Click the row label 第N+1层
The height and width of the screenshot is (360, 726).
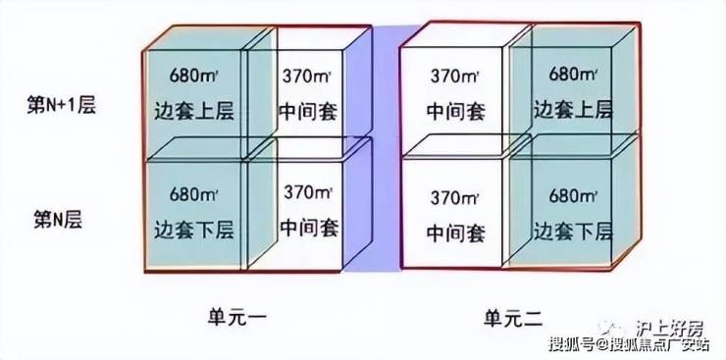[x=61, y=106]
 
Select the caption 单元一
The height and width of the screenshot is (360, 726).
[x=237, y=319]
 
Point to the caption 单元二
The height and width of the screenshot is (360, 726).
[x=513, y=319]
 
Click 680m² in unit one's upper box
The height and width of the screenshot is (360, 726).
[x=193, y=76]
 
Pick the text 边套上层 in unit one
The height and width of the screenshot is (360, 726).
[x=194, y=111]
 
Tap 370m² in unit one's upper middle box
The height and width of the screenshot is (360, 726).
[x=307, y=76]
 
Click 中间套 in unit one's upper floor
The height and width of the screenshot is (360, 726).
[x=308, y=112]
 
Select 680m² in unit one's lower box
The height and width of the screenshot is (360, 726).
[x=193, y=194]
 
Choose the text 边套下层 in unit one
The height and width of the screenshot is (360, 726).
[x=194, y=230]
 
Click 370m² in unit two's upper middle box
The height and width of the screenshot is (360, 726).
[x=454, y=76]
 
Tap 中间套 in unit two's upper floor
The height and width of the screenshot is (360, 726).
[x=456, y=112]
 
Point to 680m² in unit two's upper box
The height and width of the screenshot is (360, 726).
[x=573, y=74]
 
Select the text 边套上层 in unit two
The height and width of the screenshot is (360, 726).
[x=573, y=111]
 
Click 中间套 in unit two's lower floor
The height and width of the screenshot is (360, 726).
[x=456, y=232]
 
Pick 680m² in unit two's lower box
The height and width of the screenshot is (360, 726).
[x=574, y=196]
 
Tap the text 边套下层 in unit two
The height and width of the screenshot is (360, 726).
[x=573, y=230]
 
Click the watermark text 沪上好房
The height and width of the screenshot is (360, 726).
[x=669, y=329]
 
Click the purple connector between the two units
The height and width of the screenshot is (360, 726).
[x=387, y=148]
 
